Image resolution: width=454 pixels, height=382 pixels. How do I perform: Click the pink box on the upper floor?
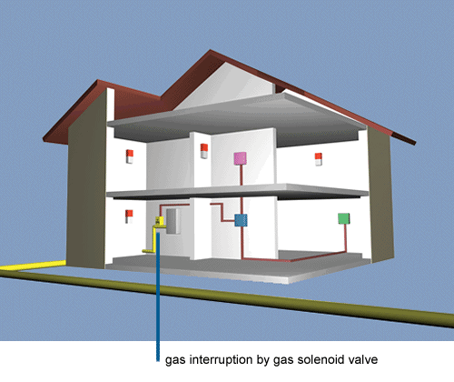[240, 158]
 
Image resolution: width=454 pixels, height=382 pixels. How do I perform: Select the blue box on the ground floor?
[241, 220]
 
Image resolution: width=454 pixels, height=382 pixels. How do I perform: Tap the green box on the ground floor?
[344, 218]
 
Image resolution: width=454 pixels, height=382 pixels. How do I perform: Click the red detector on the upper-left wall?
[130, 156]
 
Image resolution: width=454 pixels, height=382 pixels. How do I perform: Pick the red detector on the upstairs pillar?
[204, 151]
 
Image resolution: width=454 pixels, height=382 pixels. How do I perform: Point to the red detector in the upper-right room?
[318, 159]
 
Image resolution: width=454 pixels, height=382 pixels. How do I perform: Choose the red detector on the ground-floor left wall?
[129, 216]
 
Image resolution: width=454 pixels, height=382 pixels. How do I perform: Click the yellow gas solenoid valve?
[159, 221]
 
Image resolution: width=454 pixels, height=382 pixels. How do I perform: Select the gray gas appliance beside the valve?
[173, 221]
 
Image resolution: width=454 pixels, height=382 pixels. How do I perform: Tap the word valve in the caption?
[363, 359]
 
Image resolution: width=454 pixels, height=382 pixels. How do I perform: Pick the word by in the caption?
[263, 360]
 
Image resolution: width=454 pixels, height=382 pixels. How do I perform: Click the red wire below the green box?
[345, 238]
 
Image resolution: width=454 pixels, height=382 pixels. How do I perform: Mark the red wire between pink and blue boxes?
[242, 189]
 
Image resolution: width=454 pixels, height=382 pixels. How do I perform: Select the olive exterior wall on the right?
[380, 194]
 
